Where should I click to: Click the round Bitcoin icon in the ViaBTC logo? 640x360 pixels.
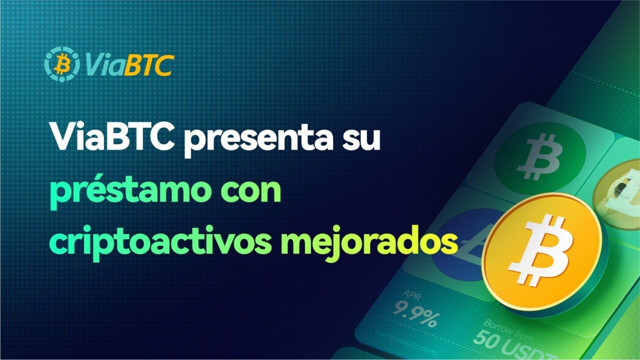61,64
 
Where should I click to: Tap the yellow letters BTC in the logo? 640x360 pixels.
148,64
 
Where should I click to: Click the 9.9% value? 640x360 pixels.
414,314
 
